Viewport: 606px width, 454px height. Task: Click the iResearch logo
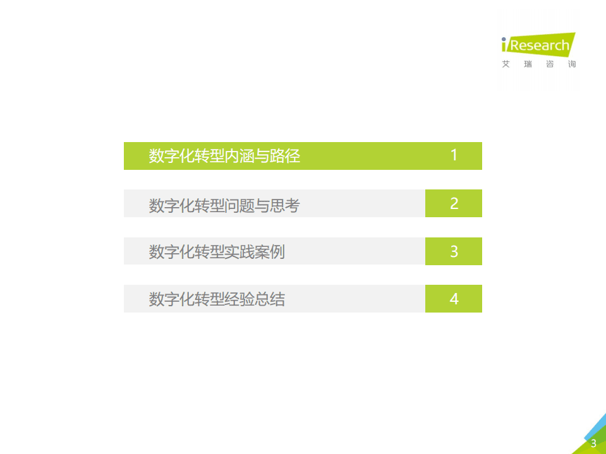point(537,45)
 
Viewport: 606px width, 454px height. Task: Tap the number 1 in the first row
point(454,155)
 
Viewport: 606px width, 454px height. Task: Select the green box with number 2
point(454,203)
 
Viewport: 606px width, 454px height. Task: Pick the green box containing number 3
point(454,251)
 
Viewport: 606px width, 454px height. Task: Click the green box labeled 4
point(454,299)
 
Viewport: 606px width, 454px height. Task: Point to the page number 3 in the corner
point(593,443)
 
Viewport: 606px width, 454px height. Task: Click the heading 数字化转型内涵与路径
point(224,156)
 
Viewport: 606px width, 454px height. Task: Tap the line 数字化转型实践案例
point(217,252)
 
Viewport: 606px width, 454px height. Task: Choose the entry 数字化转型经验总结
point(217,299)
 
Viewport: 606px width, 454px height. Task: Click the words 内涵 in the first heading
point(239,156)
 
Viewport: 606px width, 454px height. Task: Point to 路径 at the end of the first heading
point(285,156)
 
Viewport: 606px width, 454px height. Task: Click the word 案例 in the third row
point(270,252)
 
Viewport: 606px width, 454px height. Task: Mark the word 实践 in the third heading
point(239,252)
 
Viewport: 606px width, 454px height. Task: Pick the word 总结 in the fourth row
point(270,299)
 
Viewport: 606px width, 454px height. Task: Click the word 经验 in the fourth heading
point(239,299)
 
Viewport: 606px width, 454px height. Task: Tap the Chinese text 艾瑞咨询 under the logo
point(539,64)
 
